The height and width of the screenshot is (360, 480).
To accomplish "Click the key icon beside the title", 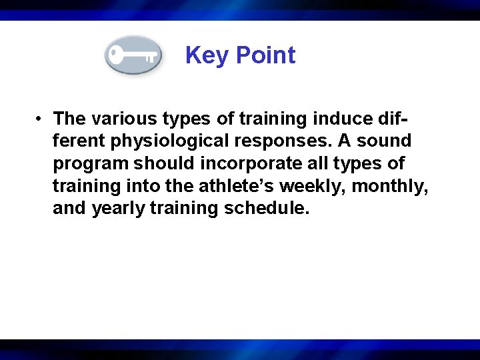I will click(133, 55).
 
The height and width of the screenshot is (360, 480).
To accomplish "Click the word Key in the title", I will click(205, 55).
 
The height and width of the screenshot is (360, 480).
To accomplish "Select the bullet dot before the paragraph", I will click(41, 119).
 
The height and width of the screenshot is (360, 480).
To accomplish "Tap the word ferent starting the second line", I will click(79, 141).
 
